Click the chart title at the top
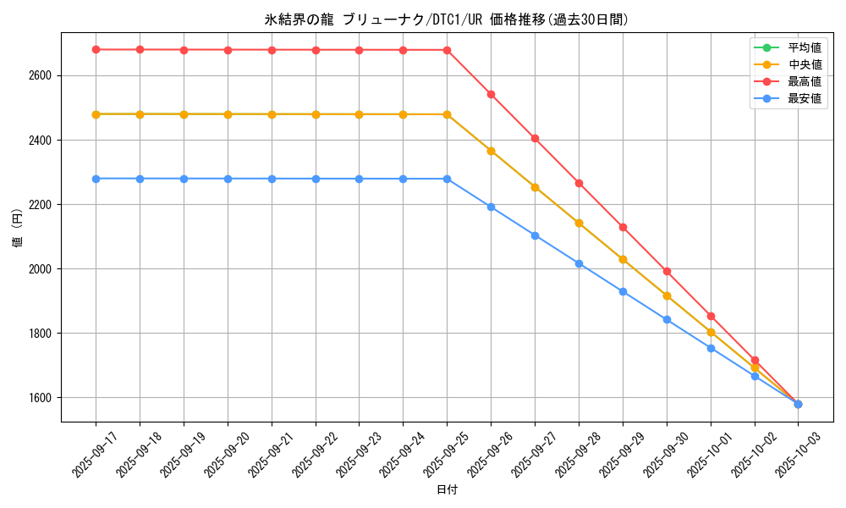(x=447, y=19)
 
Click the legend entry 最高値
(x=805, y=81)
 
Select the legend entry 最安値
(x=805, y=99)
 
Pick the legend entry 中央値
(x=805, y=64)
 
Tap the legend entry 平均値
(x=805, y=47)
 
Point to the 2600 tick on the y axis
(x=41, y=75)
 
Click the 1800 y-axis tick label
(x=41, y=334)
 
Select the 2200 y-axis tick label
(x=41, y=205)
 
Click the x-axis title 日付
(x=447, y=490)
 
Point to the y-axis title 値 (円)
(x=17, y=229)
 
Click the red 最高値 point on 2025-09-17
(x=96, y=50)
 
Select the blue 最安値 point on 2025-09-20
(x=228, y=179)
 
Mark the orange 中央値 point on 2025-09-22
(x=316, y=114)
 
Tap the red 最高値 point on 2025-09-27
(x=535, y=138)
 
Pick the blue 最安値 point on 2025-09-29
(x=623, y=291)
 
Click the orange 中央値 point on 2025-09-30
(x=667, y=295)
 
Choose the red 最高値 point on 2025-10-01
(x=711, y=316)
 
